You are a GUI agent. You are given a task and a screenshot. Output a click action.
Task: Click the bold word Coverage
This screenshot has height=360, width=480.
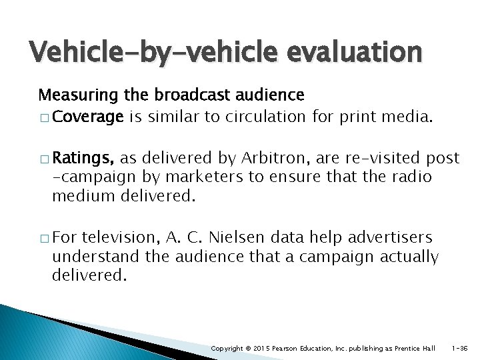(x=88, y=117)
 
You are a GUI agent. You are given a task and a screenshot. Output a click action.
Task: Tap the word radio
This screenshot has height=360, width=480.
(x=409, y=177)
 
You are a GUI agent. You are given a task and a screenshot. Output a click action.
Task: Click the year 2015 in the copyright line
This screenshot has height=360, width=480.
(x=261, y=349)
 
